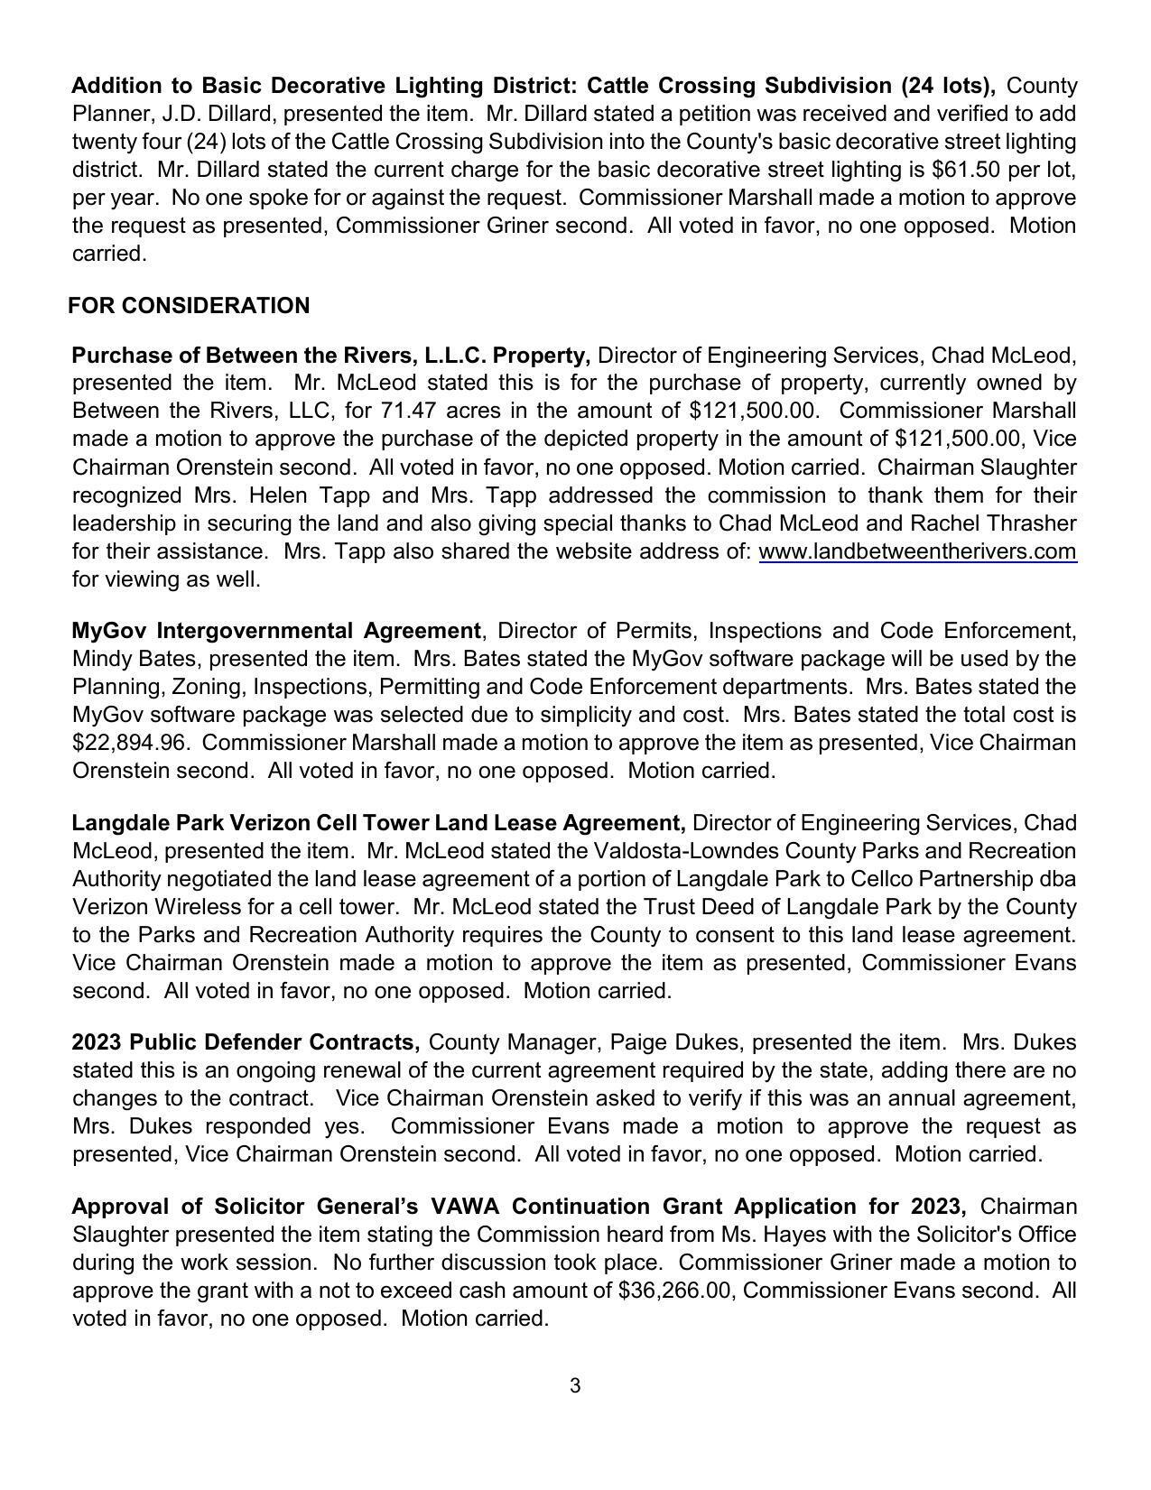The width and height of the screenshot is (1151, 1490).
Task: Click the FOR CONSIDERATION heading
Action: [x=189, y=306]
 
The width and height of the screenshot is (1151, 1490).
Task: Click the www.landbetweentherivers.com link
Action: [x=917, y=551]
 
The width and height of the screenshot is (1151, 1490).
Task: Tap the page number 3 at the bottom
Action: [x=575, y=1386]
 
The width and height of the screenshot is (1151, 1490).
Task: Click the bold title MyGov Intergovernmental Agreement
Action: [x=276, y=630]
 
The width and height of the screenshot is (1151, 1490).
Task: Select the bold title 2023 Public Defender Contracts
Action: [x=246, y=1042]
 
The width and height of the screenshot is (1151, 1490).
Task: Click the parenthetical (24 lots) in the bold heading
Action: [x=948, y=86]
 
